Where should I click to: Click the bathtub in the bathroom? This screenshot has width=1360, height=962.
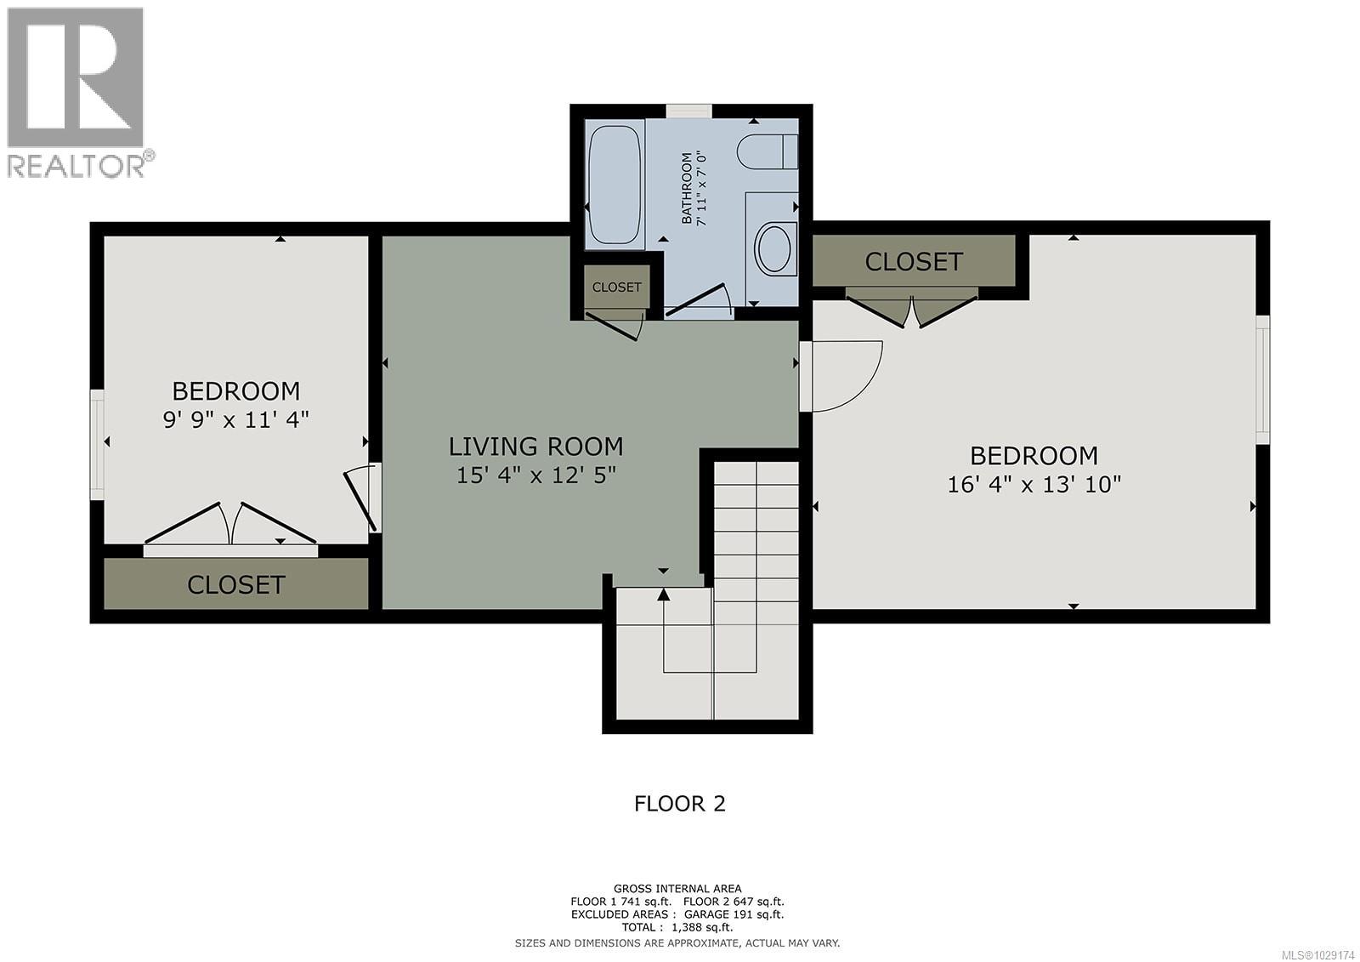click(614, 185)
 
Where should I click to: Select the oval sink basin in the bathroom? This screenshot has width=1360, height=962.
click(773, 248)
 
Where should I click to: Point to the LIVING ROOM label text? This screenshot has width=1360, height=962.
click(535, 447)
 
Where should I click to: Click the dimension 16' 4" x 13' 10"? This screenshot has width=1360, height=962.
click(1034, 485)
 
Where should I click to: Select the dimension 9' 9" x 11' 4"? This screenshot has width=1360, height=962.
click(235, 419)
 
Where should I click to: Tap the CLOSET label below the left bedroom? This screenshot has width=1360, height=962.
click(235, 584)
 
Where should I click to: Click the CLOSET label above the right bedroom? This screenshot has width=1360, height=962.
click(914, 261)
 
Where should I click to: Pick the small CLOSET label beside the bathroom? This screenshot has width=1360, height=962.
click(616, 287)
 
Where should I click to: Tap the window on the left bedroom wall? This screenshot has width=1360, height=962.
click(97, 444)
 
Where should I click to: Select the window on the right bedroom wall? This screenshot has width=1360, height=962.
click(1262, 379)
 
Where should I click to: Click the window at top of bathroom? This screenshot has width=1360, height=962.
click(688, 111)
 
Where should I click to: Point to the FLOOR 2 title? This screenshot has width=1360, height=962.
click(680, 804)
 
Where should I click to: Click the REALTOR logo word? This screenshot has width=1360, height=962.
click(76, 165)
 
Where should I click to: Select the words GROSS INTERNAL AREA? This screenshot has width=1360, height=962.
click(677, 889)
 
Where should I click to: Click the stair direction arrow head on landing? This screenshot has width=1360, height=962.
click(663, 594)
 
